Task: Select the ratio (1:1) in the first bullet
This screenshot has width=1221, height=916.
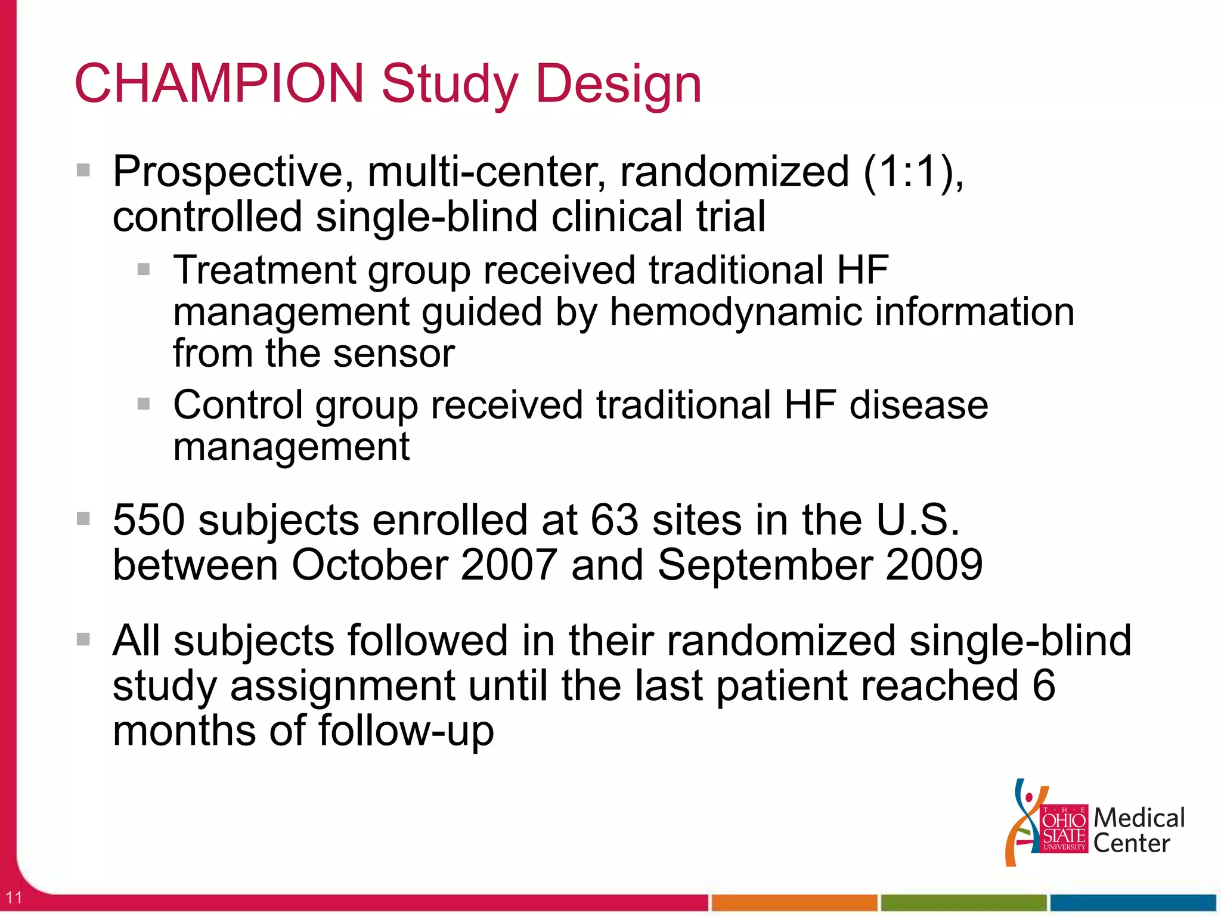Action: (x=913, y=172)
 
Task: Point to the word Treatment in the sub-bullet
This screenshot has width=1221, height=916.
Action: (x=264, y=270)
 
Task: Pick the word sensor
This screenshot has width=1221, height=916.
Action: (x=393, y=354)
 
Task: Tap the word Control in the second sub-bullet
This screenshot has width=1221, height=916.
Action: (x=238, y=405)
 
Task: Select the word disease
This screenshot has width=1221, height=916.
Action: (x=918, y=405)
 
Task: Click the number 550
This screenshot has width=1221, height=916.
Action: (x=148, y=520)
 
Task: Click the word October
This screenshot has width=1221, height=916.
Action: (x=370, y=565)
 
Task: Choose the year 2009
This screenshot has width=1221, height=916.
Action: (x=934, y=565)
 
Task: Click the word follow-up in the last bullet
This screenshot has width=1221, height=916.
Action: (x=406, y=731)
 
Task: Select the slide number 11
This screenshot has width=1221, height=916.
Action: (x=14, y=897)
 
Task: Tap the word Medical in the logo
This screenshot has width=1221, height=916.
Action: (x=1139, y=818)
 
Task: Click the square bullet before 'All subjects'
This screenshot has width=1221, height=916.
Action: (x=83, y=640)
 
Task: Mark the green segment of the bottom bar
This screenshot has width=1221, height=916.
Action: (x=963, y=902)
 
